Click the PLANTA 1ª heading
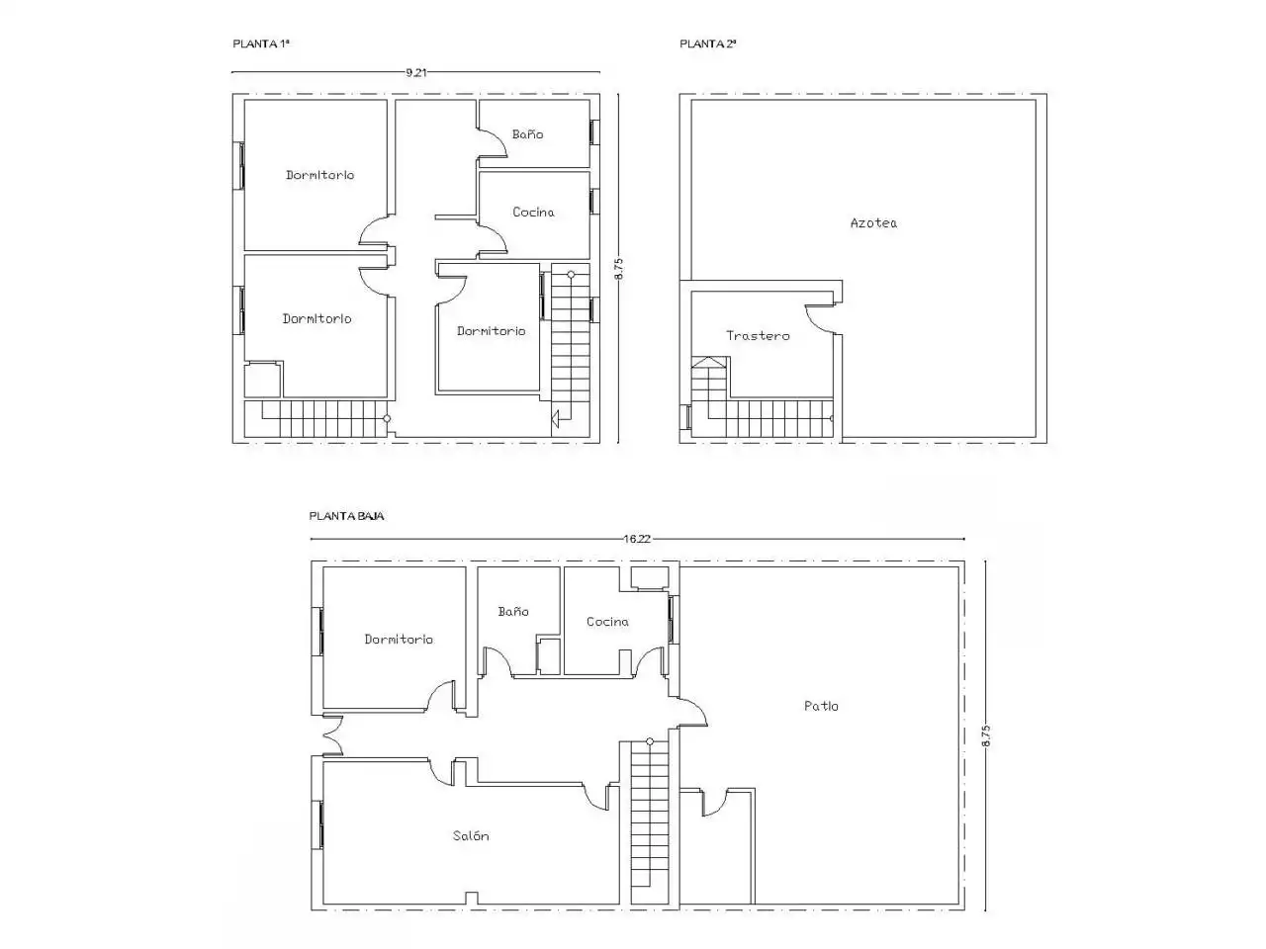pyautogui.click(x=261, y=43)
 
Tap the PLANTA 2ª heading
pyautogui.click(x=708, y=43)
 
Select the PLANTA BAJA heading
pyautogui.click(x=346, y=516)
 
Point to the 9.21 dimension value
pyautogui.click(x=415, y=72)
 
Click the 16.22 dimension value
pyautogui.click(x=637, y=540)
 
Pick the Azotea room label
pyautogui.click(x=873, y=223)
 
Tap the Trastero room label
pyautogui.click(x=758, y=335)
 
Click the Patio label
pyautogui.click(x=821, y=706)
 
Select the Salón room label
pyautogui.click(x=471, y=835)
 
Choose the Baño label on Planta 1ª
pyautogui.click(x=528, y=134)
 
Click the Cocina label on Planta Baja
pyautogui.click(x=607, y=622)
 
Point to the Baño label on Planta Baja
pyautogui.click(x=513, y=611)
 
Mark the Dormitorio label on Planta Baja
pyautogui.click(x=399, y=639)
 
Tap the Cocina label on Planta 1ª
pyautogui.click(x=533, y=212)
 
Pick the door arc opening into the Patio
pyautogui.click(x=698, y=708)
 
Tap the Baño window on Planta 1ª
pyautogui.click(x=594, y=131)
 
